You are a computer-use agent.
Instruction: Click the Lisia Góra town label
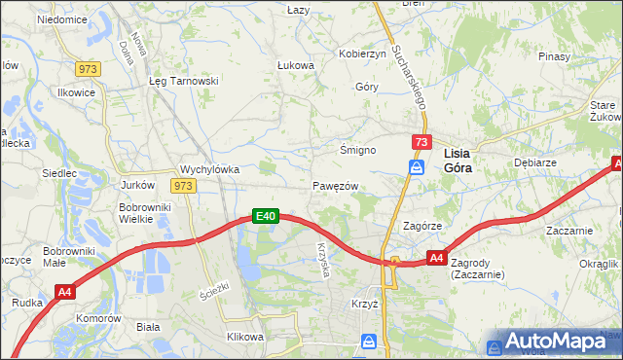[x=463, y=160]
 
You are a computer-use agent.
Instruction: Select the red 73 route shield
[x=421, y=142]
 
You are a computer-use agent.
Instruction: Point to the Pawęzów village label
[x=337, y=186]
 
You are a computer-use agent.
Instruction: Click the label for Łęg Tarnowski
[x=182, y=82]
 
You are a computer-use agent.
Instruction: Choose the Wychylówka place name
[x=210, y=168]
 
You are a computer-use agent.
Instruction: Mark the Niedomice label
[x=62, y=19]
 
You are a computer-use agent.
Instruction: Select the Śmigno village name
[x=357, y=150]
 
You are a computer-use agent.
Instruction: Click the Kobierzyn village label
[x=362, y=54]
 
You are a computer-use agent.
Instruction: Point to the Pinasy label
[x=553, y=56]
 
